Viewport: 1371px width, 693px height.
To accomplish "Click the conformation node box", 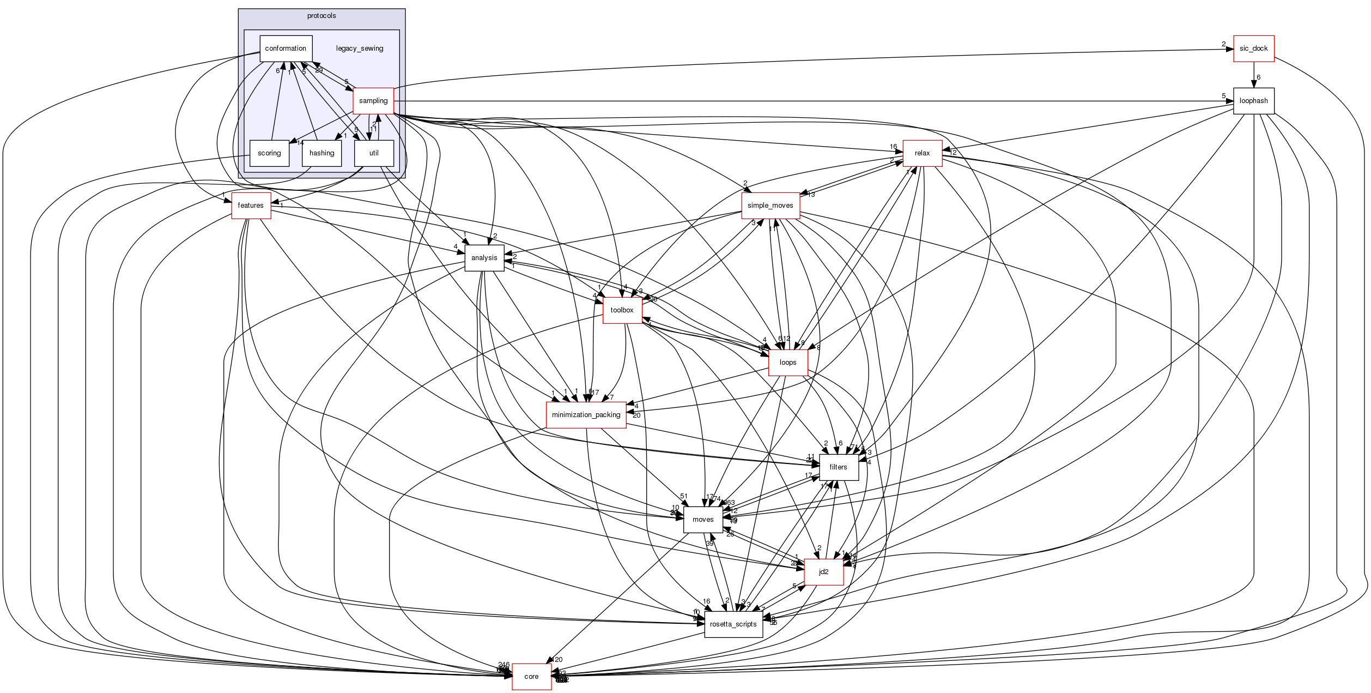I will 286,49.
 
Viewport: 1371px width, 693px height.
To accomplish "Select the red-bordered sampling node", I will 373,101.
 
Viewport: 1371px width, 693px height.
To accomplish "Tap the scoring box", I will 269,153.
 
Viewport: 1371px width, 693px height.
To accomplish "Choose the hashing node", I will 321,153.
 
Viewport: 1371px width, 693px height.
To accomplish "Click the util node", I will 374,153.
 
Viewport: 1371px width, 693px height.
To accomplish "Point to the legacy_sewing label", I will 360,49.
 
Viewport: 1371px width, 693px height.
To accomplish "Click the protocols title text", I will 321,16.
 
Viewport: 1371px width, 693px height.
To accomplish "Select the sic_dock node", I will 1253,49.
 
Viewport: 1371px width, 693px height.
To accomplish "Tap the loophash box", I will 1253,101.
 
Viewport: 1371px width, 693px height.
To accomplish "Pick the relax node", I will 922,153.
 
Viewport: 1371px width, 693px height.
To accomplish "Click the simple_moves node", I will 770,206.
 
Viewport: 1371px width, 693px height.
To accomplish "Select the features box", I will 251,206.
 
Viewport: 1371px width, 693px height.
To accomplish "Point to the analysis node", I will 484,258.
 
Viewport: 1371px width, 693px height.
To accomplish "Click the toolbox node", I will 622,310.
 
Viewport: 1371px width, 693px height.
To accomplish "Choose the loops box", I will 788,363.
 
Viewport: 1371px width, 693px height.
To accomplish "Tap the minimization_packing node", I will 586,415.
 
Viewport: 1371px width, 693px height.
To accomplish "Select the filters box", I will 838,467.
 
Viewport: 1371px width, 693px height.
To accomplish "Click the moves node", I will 703,520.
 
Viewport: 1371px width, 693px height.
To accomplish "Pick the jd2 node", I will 823,572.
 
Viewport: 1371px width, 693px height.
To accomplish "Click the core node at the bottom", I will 531,677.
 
